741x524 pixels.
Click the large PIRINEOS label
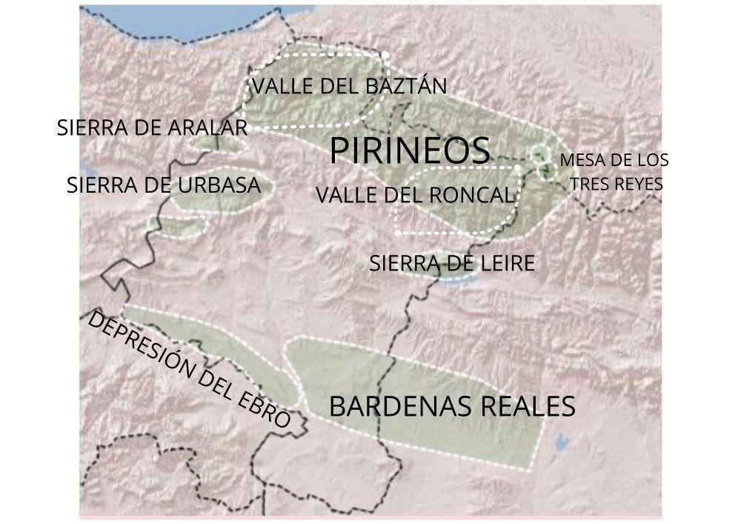click(x=410, y=150)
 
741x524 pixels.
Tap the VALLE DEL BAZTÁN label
click(x=349, y=86)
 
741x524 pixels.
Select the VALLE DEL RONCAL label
click(x=414, y=196)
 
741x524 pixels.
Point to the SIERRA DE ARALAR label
click(x=152, y=127)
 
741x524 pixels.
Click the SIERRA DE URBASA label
click(x=164, y=185)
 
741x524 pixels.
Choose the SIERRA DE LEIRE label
click(x=451, y=263)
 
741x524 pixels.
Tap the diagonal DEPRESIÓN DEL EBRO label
click(x=188, y=369)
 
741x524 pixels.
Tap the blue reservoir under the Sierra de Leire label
click(x=454, y=279)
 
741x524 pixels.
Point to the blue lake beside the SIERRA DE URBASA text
click(x=85, y=167)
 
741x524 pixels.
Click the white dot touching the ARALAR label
click(x=248, y=128)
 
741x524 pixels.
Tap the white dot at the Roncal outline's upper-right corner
click(x=516, y=168)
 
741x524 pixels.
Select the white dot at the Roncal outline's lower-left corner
click(x=398, y=233)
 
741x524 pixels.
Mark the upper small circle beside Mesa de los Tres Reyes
click(x=539, y=153)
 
